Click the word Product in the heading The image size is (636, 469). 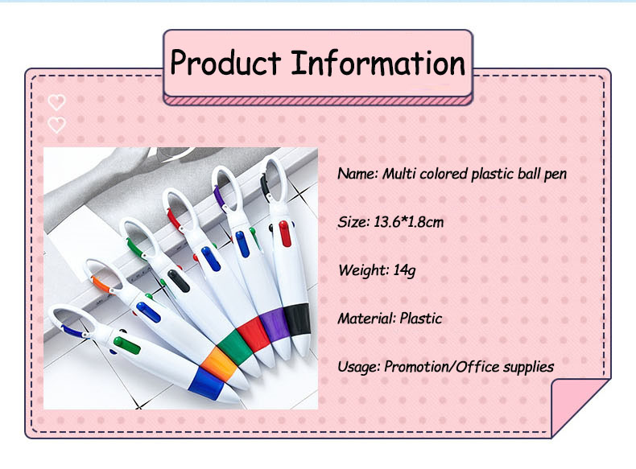click(225, 64)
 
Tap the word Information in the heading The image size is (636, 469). click(378, 64)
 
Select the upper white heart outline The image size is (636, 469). click(57, 102)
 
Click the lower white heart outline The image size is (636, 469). click(57, 125)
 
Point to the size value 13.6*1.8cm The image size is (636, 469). click(409, 222)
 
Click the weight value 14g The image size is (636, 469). click(404, 270)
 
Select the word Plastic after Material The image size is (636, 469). click(420, 319)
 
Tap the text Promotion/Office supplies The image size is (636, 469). click(469, 367)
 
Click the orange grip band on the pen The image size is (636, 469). click(220, 363)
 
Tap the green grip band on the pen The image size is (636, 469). click(237, 346)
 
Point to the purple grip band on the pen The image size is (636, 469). click(275, 323)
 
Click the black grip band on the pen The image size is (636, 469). click(297, 319)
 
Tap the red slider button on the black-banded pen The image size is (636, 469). click(285, 234)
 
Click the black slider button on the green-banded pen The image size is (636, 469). click(179, 281)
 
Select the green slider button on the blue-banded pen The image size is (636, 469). click(127, 345)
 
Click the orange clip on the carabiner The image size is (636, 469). click(101, 285)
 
